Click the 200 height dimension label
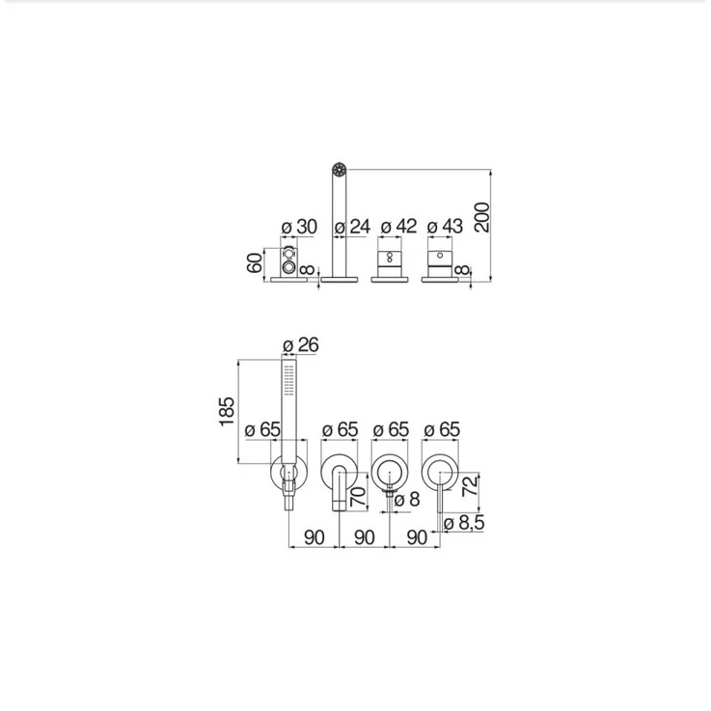coord(482,217)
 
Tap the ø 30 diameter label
coord(299,227)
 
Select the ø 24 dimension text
coord(352,227)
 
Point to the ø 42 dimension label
coord(398,227)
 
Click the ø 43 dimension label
coord(445,227)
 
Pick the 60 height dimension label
coord(255,263)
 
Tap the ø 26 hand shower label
coord(301,345)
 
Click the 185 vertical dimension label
coord(227,411)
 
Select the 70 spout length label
coord(358,497)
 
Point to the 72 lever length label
coord(470,485)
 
